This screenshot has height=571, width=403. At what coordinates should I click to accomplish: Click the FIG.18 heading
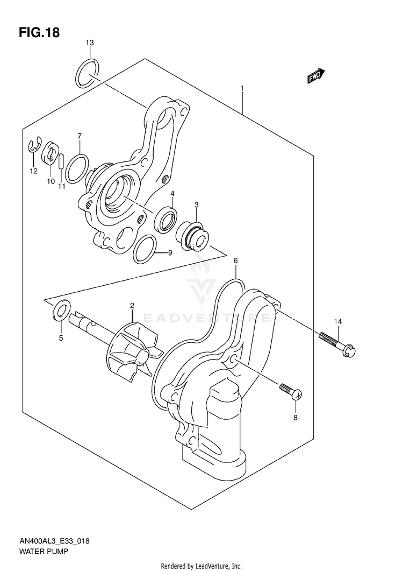[39, 32]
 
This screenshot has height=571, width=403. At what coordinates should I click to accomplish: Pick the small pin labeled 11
[61, 161]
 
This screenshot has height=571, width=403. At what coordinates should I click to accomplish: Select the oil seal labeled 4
[165, 220]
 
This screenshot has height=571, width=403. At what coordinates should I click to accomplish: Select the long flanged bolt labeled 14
[337, 343]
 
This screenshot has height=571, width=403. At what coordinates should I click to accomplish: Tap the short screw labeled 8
[291, 391]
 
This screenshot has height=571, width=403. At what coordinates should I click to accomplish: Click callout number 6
[235, 260]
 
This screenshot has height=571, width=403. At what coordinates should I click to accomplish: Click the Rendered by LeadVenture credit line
[201, 566]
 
